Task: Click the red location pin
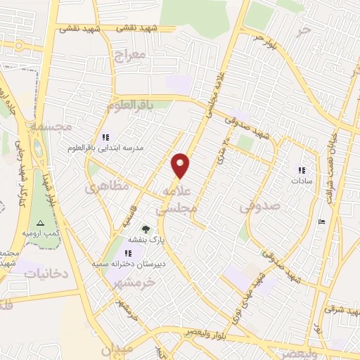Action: click(x=181, y=165)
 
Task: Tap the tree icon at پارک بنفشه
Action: click(x=146, y=229)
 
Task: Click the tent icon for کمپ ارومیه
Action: click(x=40, y=223)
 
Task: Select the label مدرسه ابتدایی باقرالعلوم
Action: click(x=113, y=148)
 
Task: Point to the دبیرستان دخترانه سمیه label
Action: click(x=127, y=263)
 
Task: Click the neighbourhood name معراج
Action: click(x=129, y=54)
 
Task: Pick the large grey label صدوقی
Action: click(x=259, y=207)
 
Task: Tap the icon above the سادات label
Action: click(x=302, y=169)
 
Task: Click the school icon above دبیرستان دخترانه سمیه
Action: click(x=127, y=252)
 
